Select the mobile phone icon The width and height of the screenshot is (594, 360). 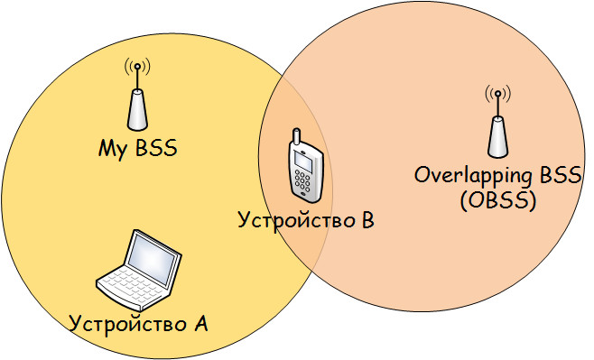(304, 169)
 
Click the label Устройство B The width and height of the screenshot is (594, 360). (304, 219)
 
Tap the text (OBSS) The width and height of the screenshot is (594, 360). (497, 201)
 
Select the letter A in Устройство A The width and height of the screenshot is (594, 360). (201, 321)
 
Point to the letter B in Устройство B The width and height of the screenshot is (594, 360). (367, 219)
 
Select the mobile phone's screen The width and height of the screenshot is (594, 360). (306, 162)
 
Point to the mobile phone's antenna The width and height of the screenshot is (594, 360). (294, 137)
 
